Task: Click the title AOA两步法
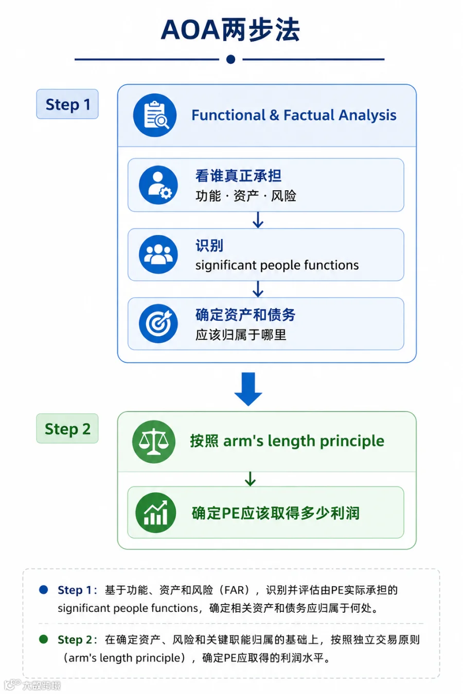coord(230,30)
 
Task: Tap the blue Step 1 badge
coord(67,104)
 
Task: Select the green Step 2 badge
coord(67,429)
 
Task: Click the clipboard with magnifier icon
coord(155,115)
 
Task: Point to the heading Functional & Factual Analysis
coord(294,115)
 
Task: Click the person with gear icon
coord(158,185)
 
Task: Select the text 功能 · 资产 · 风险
coord(245,196)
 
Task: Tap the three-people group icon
coord(158,254)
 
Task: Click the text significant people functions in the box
coord(277,265)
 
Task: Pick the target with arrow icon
coord(158,323)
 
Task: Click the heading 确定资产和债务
coord(245,315)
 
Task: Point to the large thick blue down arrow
coord(248,389)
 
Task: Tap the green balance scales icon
coord(153,442)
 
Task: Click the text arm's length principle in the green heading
coord(304,441)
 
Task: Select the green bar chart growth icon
coord(156,513)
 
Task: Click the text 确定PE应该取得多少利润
coord(276,513)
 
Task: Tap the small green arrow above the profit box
coord(250,479)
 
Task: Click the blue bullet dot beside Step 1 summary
coord(43,590)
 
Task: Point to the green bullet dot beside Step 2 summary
coord(43,639)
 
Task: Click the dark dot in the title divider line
coord(230,59)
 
